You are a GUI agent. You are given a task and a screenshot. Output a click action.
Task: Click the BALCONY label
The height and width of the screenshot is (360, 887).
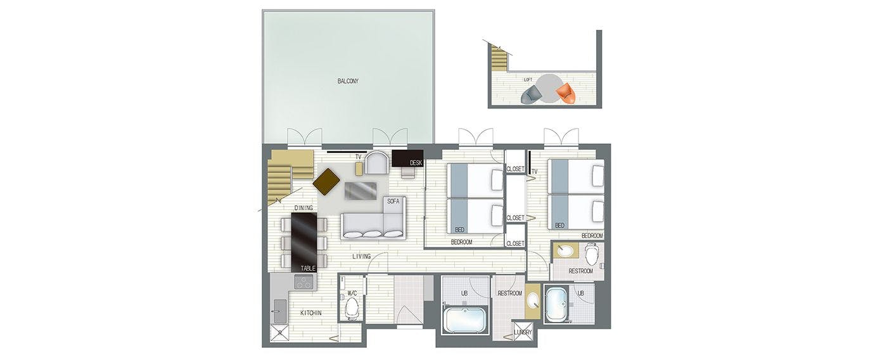tap(348, 81)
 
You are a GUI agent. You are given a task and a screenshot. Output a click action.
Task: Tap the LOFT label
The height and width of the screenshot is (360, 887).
tap(528, 80)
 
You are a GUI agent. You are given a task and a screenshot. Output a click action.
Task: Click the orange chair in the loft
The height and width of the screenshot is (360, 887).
tap(565, 94)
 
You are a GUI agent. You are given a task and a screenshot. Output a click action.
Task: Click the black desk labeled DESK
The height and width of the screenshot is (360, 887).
tap(407, 158)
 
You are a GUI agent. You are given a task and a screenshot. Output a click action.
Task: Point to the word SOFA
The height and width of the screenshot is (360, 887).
tap(393, 201)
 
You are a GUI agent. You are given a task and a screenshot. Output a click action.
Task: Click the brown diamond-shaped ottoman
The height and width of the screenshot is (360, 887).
tap(327, 182)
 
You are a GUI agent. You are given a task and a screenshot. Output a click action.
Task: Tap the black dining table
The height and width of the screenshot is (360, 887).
tap(304, 242)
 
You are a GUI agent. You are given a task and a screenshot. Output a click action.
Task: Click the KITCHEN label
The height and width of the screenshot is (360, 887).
tap(311, 313)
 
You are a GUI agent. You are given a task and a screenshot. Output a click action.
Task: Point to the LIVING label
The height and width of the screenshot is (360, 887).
tap(362, 256)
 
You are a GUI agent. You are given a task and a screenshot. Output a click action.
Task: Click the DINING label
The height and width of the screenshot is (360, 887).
tap(303, 207)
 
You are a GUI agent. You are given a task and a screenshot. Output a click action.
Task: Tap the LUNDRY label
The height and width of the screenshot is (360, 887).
tap(523, 332)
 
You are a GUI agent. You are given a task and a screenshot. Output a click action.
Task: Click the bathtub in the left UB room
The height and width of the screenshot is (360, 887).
tap(464, 321)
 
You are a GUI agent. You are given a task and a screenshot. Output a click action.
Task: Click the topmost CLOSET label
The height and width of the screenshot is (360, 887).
tap(516, 169)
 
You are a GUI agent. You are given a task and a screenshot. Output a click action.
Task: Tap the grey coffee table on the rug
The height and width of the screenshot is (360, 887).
tap(361, 191)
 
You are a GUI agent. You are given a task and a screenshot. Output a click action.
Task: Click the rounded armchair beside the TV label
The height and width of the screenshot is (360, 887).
tap(377, 163)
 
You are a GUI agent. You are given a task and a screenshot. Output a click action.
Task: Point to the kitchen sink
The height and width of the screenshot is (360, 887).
tap(279, 311)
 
